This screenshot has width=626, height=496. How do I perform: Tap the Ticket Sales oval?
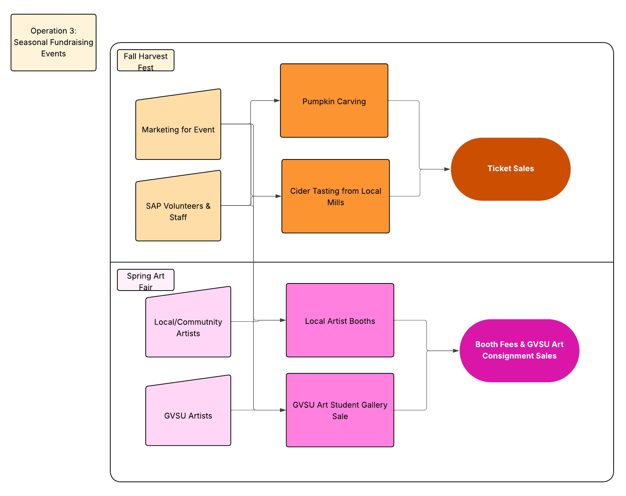[x=510, y=169]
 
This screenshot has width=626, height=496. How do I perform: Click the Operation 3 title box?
[x=54, y=42]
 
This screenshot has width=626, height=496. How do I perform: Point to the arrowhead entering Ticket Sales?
[x=447, y=169]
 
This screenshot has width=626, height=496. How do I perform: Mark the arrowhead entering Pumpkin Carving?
[x=277, y=101]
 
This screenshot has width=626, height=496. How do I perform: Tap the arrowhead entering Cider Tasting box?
[x=278, y=196]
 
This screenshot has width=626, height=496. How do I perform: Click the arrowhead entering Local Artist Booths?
[x=283, y=320]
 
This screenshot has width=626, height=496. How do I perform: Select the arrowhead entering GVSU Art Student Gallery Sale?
[x=283, y=410]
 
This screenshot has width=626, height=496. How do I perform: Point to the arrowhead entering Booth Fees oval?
[x=456, y=351]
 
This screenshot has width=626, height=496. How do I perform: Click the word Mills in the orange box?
[x=335, y=203]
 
